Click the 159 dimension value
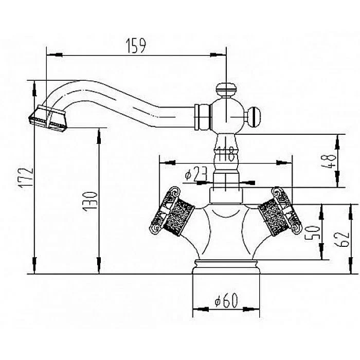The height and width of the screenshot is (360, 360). (136, 46)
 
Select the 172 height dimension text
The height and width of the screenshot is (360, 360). (26, 178)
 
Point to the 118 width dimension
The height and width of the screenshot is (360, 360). (226, 154)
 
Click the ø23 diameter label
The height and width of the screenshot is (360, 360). (196, 174)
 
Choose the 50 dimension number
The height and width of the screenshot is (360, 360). (312, 232)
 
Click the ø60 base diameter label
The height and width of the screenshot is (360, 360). (226, 300)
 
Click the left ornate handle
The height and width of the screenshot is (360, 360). (172, 212)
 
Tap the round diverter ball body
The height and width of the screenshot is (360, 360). (227, 115)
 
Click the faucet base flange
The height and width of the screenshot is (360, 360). (226, 267)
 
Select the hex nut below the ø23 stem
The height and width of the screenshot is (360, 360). (226, 195)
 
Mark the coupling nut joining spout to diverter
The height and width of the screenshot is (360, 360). (203, 117)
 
